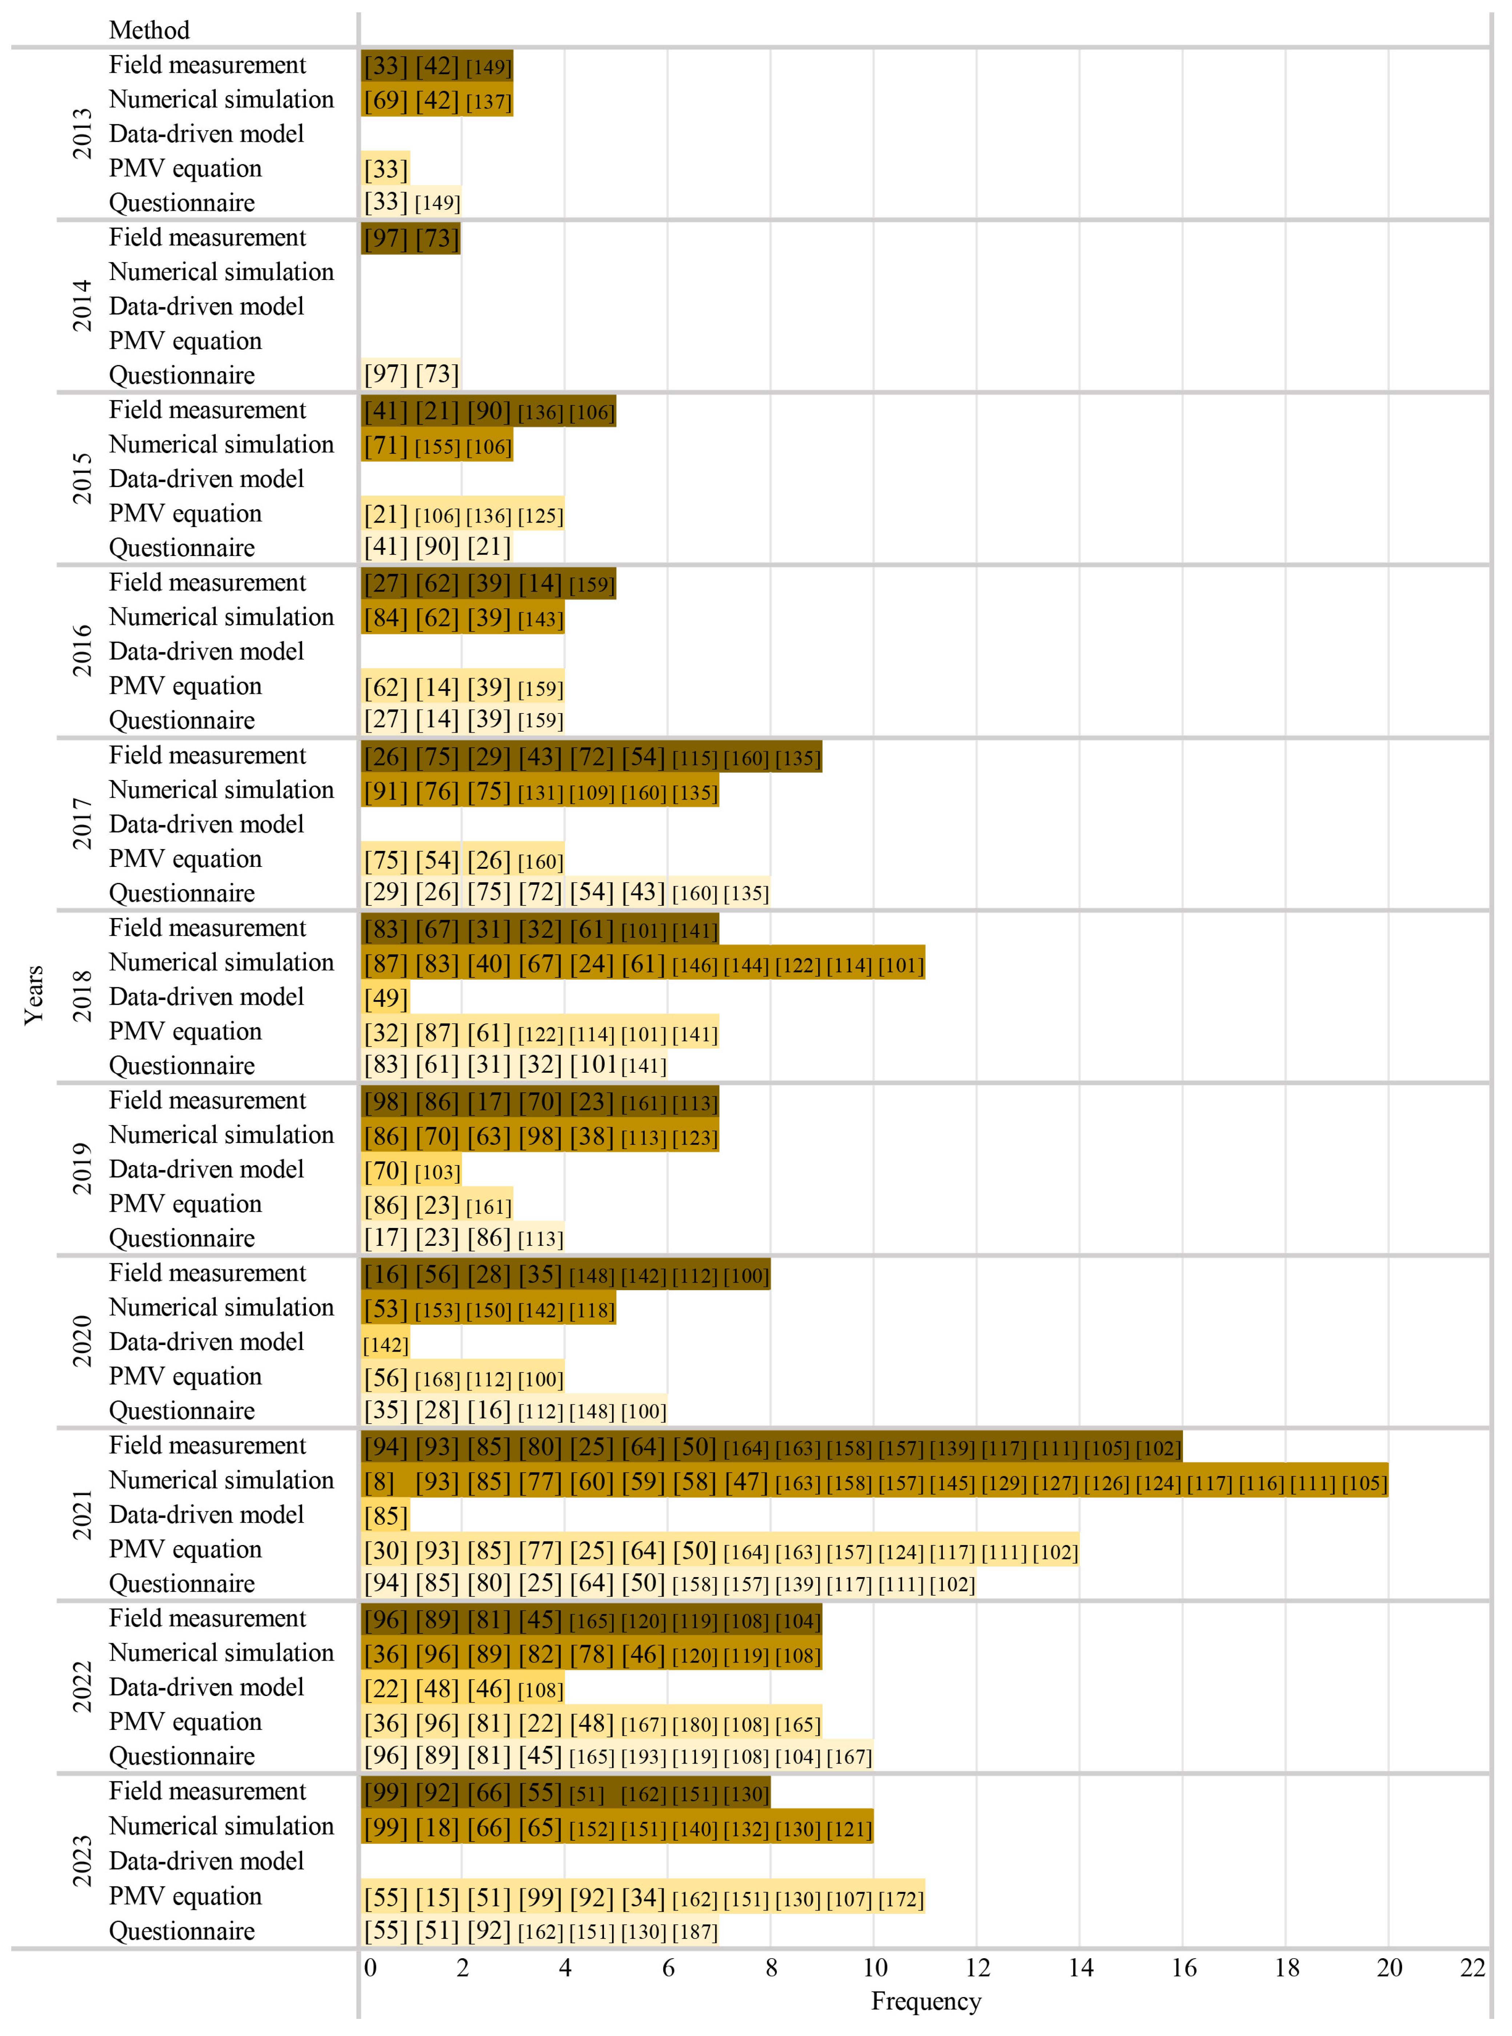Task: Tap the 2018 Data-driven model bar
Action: [385, 997]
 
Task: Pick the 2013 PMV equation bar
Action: [385, 168]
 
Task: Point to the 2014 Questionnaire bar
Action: [411, 374]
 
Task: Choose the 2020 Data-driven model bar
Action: [385, 1343]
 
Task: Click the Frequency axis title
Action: [925, 2001]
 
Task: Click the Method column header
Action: [149, 30]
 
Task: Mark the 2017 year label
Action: [83, 824]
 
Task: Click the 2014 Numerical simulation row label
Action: [221, 272]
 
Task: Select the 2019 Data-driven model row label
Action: [206, 1169]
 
